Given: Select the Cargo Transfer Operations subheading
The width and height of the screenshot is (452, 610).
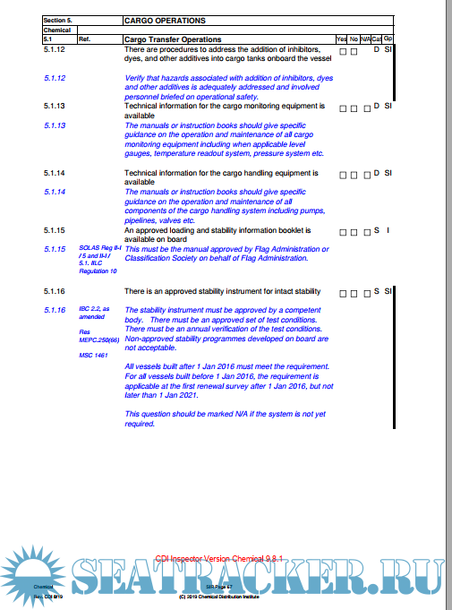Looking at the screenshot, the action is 173,39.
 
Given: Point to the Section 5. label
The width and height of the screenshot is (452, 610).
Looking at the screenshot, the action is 60,20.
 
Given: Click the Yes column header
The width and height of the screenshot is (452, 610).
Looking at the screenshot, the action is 342,39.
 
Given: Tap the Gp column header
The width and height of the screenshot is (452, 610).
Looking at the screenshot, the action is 388,39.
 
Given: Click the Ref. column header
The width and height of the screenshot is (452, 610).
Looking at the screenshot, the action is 85,39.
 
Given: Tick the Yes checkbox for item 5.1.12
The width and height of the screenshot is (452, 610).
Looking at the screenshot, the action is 343,51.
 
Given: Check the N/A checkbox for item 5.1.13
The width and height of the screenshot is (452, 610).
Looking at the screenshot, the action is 366,108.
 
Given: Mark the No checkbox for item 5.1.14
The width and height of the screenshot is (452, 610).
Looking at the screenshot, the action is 354,174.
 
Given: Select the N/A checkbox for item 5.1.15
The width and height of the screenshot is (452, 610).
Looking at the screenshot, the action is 366,233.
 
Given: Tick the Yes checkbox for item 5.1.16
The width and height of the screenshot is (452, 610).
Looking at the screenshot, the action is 343,293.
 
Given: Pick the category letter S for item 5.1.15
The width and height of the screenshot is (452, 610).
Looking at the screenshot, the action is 377,232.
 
